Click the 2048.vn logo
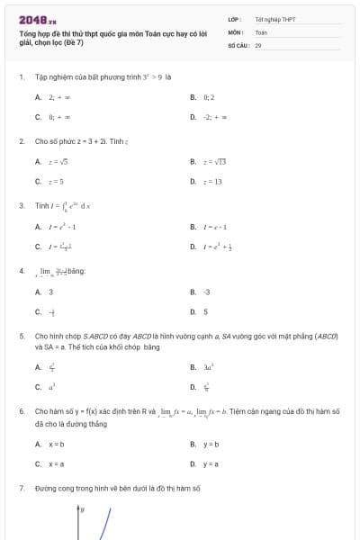37,19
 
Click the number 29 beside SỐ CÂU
258,44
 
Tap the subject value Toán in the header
261,31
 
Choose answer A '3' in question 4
50,292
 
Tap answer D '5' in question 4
205,311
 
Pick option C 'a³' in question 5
52,387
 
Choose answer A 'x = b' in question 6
56,444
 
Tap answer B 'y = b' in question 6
211,444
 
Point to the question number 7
21,487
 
